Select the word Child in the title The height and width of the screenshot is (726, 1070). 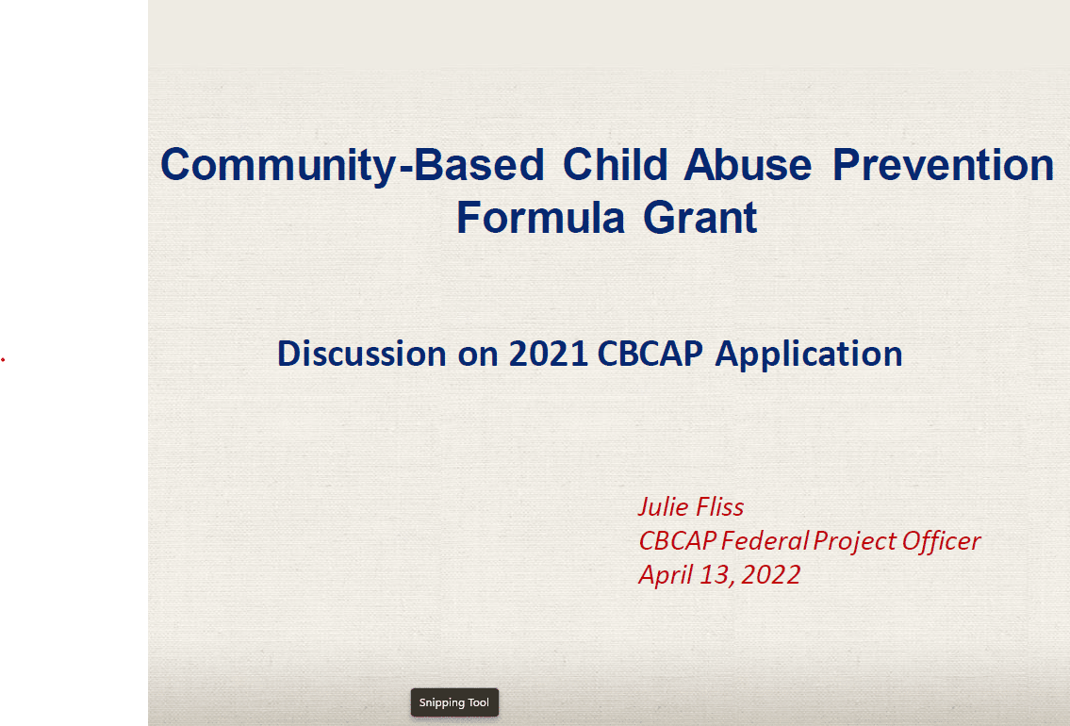[x=615, y=164]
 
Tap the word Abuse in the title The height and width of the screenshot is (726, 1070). [x=748, y=164]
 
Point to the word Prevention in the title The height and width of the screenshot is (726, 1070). [x=943, y=164]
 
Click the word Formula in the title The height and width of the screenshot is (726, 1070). [x=540, y=218]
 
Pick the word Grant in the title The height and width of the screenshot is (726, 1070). [x=700, y=218]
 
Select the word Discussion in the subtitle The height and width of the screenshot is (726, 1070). [x=362, y=354]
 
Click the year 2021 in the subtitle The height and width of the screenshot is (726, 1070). [x=549, y=354]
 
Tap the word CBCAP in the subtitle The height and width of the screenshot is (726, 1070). [x=650, y=354]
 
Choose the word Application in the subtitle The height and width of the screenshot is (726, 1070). [x=809, y=355]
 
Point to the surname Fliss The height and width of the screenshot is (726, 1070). [x=720, y=506]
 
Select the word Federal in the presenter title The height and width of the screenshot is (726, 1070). [x=765, y=540]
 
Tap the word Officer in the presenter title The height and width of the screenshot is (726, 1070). [x=941, y=540]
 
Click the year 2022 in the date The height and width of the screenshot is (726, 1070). [x=770, y=574]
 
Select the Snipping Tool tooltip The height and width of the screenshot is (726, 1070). [x=454, y=702]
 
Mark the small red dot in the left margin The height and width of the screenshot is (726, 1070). [x=3, y=359]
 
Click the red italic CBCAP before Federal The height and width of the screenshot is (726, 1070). [x=677, y=540]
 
